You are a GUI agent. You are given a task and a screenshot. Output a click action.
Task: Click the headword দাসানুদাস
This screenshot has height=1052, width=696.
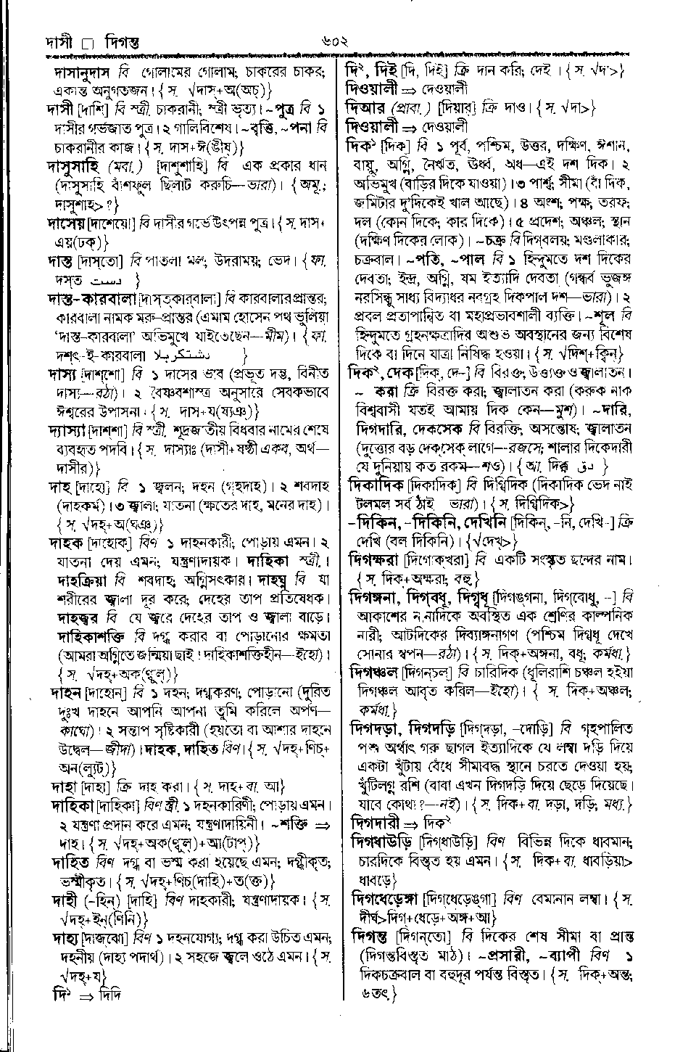[x=86, y=73]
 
